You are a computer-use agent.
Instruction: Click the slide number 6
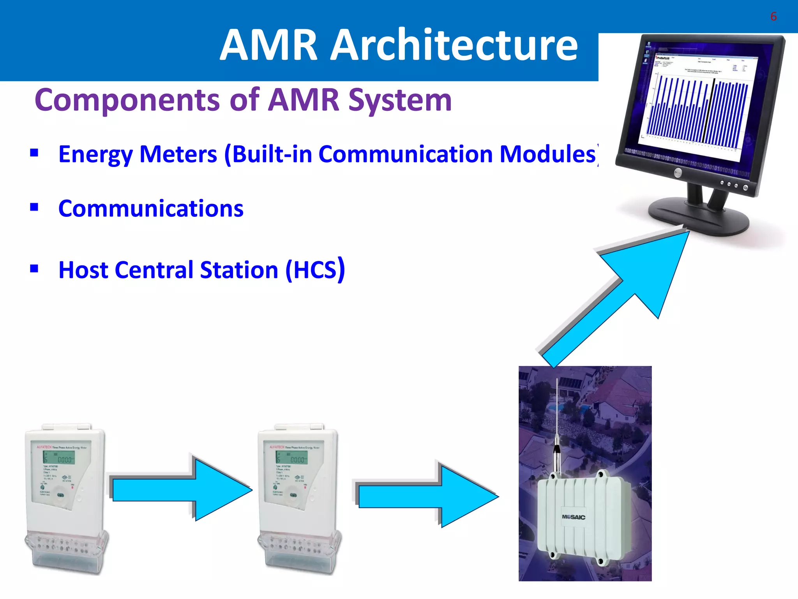tap(773, 17)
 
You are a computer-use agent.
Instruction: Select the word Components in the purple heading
tap(127, 101)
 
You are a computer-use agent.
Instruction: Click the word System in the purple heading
tap(400, 101)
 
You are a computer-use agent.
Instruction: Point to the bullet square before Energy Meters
tap(34, 152)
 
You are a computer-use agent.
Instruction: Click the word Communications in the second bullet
tap(151, 209)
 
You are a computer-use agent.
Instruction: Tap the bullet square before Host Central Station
tap(34, 268)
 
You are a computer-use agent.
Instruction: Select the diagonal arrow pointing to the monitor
tap(623, 289)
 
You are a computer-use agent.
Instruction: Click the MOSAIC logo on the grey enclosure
tap(573, 517)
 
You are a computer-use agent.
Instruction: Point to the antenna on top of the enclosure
tap(558, 421)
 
